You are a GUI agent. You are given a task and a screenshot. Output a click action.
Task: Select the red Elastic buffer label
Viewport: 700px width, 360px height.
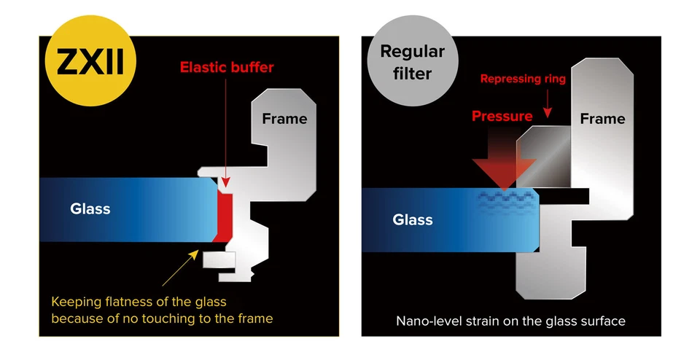coord(227,68)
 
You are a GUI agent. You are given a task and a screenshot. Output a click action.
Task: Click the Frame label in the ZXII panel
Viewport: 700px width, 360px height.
coord(284,119)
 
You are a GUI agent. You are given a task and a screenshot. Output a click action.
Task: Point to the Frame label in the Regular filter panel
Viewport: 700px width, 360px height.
coord(602,119)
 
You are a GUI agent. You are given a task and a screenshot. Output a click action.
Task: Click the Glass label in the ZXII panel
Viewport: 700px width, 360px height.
coord(90,209)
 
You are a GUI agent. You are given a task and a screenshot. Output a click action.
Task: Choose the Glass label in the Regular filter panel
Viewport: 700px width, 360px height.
coord(413,219)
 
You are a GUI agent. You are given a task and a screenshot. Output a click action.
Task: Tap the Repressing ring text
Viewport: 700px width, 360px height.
coord(522,79)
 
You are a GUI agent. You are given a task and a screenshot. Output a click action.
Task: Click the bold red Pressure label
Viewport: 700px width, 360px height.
coord(502,116)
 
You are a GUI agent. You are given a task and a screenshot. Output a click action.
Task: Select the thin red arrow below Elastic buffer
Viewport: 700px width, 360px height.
coord(227,131)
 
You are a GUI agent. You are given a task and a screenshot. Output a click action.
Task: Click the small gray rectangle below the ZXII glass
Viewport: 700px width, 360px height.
coord(216,259)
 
